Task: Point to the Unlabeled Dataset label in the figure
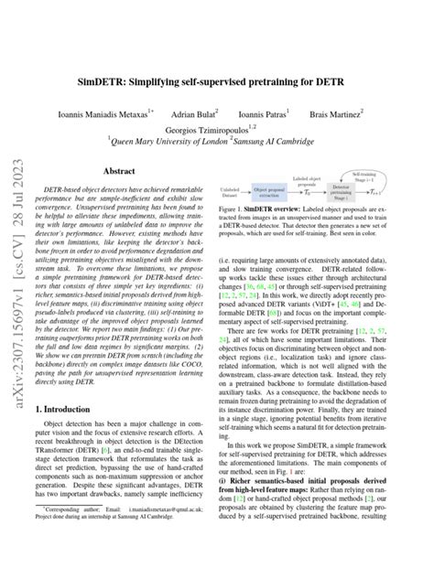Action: pyautogui.click(x=233, y=193)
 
